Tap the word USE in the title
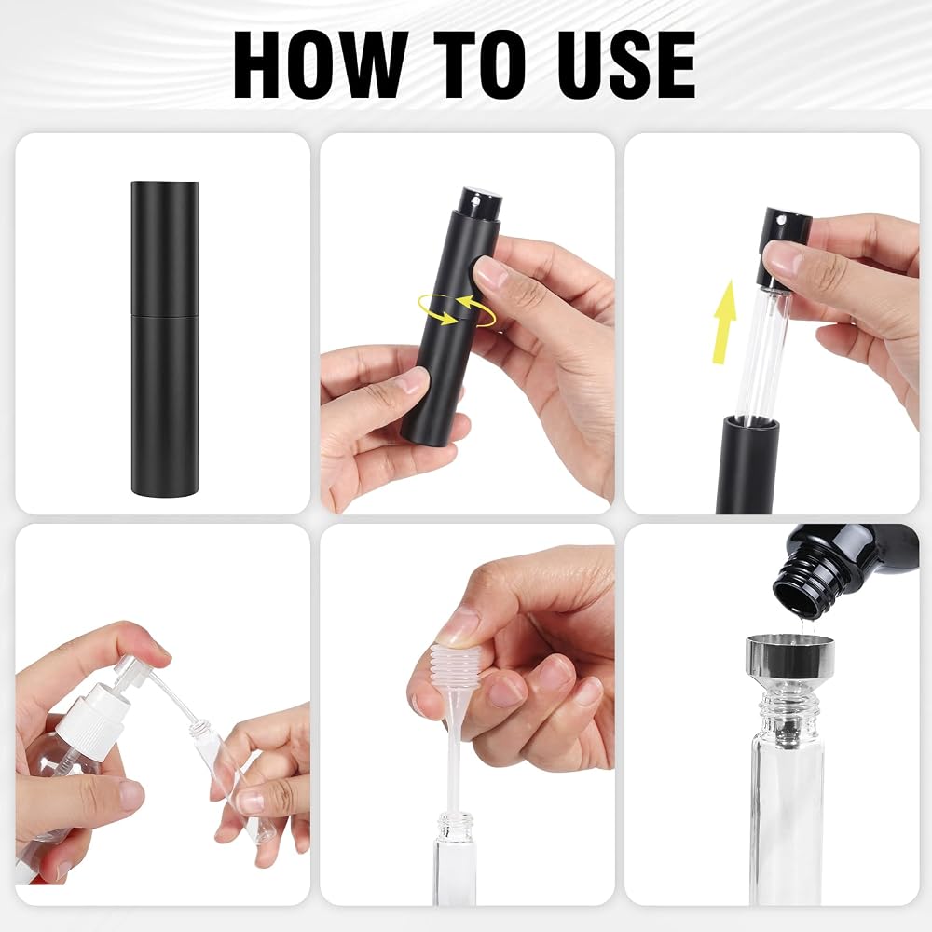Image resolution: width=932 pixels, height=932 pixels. pyautogui.click(x=626, y=64)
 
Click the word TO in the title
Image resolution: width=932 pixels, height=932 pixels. pyautogui.click(x=482, y=64)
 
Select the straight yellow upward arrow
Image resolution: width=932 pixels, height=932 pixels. pyautogui.click(x=724, y=322)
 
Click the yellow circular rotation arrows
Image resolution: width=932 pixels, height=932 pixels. pyautogui.click(x=457, y=309)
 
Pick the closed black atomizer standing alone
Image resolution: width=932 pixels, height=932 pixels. pyautogui.click(x=165, y=337)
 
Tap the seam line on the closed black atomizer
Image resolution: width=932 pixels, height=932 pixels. pyautogui.click(x=165, y=315)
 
